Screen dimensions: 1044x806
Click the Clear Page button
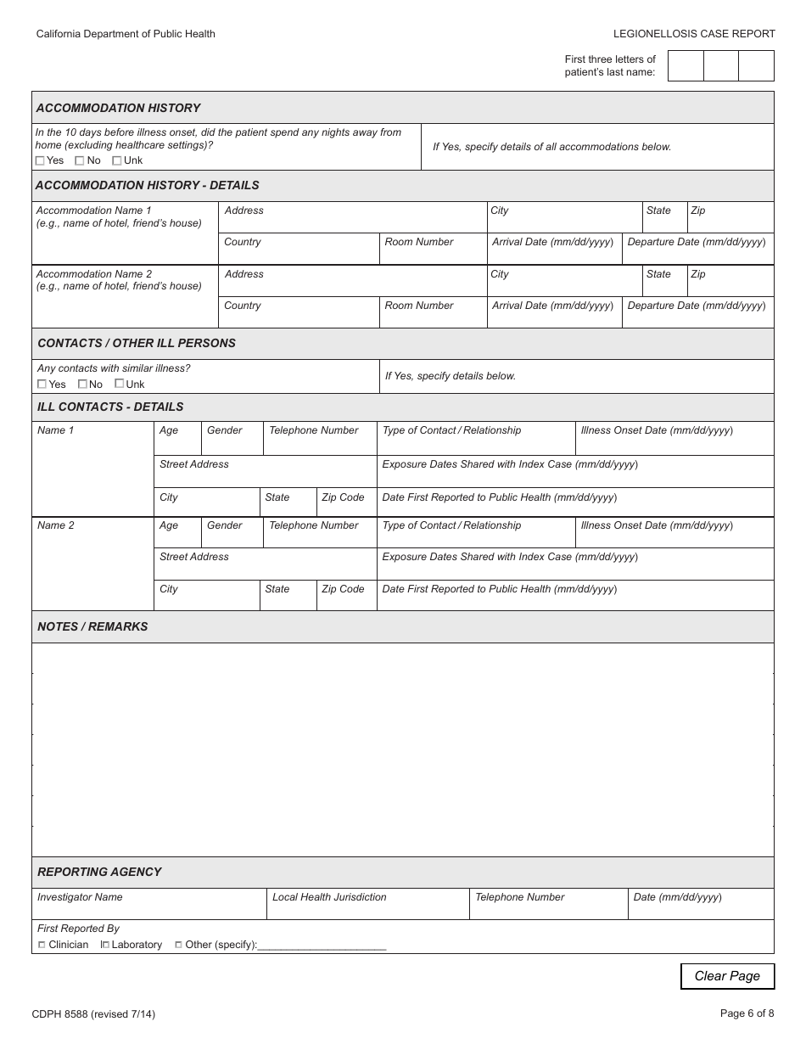point(727,976)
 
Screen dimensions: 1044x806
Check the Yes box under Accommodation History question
point(41,160)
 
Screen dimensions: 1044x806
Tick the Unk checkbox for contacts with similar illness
point(120,384)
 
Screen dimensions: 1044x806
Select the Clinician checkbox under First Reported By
point(42,945)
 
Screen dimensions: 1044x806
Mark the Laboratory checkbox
point(105,945)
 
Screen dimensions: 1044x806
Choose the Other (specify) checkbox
point(178,945)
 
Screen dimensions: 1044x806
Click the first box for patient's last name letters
point(686,66)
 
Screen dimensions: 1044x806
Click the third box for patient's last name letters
point(756,66)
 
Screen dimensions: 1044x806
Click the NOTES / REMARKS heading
point(92,626)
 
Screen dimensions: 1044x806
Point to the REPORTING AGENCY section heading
point(99,872)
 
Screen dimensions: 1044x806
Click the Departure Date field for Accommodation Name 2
point(697,317)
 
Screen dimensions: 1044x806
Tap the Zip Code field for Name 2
point(346,599)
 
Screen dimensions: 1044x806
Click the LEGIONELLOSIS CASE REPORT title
point(694,34)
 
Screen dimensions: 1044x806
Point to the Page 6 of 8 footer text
point(747,1013)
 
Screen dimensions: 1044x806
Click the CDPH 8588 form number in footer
point(93,1013)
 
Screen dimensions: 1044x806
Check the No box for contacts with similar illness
point(82,384)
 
